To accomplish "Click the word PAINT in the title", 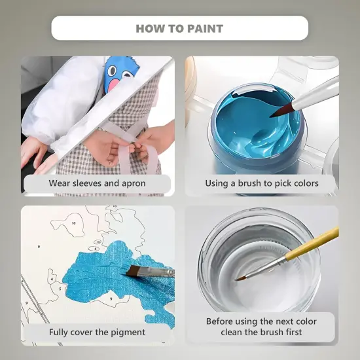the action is [205, 29].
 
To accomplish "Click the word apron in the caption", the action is [134, 184].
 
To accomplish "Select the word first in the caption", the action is [293, 332].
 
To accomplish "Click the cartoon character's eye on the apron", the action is [113, 71].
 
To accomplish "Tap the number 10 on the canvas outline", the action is [73, 223].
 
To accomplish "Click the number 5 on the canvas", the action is [60, 289].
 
